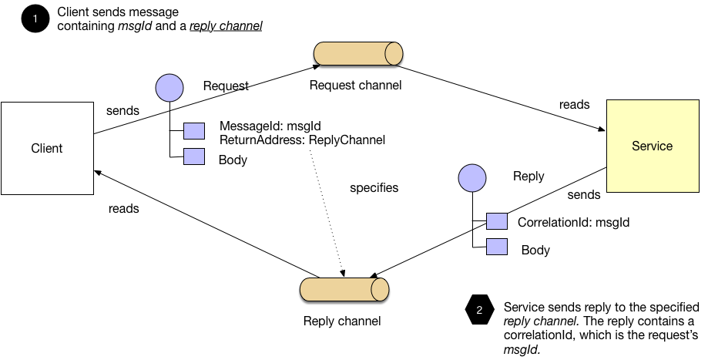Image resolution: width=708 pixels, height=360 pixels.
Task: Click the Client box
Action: tap(46, 148)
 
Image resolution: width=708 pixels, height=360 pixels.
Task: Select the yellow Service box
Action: tap(652, 146)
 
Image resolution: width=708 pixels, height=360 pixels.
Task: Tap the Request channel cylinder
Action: tap(358, 54)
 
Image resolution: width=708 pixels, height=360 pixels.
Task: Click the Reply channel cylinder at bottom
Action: tap(344, 288)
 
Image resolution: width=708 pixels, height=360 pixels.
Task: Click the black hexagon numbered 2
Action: tap(479, 311)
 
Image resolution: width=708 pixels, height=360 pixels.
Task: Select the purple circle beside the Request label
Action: tap(169, 88)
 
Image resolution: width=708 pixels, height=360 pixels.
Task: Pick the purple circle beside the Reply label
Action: tap(471, 179)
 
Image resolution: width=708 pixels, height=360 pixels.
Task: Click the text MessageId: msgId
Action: tap(270, 126)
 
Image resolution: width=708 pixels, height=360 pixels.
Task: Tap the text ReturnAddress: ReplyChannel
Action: tap(302, 140)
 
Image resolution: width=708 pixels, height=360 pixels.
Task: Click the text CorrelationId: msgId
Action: tap(574, 223)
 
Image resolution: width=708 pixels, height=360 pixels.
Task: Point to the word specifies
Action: tap(374, 187)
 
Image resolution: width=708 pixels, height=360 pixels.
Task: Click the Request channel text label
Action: tap(355, 85)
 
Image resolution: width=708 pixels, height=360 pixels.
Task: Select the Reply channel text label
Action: tap(341, 321)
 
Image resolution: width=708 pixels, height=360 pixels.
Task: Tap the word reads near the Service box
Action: tap(574, 104)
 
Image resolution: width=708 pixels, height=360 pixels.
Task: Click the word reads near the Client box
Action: tap(123, 208)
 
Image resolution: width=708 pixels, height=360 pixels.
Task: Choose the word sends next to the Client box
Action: tap(122, 110)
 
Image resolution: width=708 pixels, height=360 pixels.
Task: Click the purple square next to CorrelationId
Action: tap(497, 222)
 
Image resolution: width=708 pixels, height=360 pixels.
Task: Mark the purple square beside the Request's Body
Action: tap(194, 156)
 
